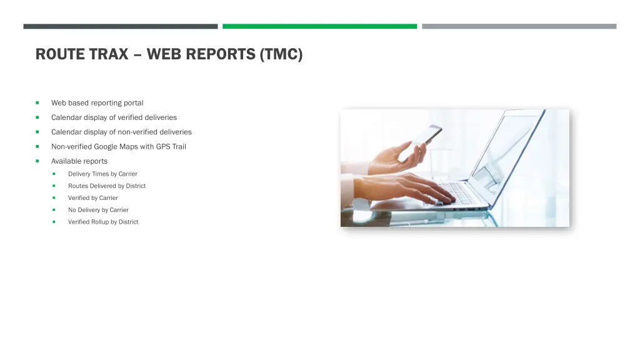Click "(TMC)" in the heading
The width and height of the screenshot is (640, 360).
(x=281, y=54)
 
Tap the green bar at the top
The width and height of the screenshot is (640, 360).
(x=319, y=26)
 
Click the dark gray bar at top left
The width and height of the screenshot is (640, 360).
(x=120, y=26)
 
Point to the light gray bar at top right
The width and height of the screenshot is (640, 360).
(x=519, y=26)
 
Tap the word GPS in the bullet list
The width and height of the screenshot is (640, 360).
(x=163, y=147)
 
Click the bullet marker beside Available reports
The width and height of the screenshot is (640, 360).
(x=37, y=161)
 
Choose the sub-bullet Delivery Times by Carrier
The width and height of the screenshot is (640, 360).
(x=102, y=174)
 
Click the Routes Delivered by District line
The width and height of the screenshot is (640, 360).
(x=107, y=186)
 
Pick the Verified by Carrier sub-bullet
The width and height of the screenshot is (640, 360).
(x=92, y=198)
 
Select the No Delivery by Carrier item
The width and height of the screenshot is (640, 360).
(x=98, y=210)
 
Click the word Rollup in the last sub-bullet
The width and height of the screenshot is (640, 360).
(x=100, y=222)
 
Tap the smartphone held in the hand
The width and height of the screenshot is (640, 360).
(x=425, y=136)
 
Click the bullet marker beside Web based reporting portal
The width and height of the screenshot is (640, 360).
(x=37, y=102)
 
